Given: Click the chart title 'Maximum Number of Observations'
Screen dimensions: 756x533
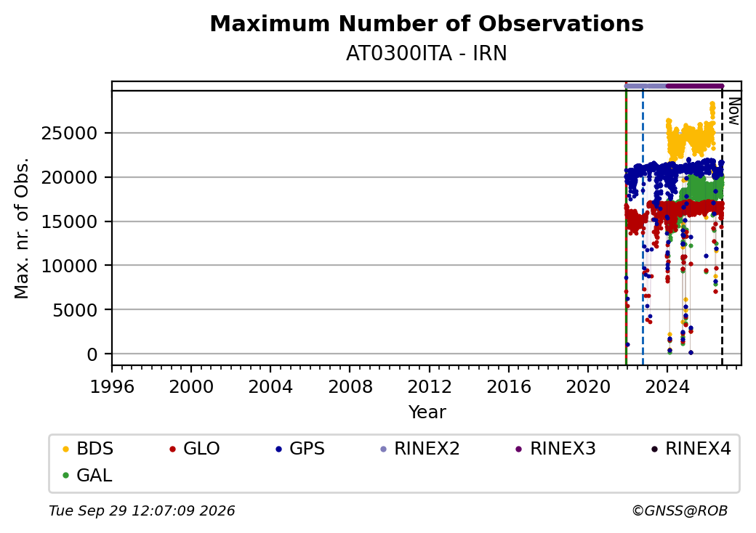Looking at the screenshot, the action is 427,23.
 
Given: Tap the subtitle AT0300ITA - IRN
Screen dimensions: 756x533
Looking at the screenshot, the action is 426,54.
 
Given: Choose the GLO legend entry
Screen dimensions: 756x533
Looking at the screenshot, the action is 195,449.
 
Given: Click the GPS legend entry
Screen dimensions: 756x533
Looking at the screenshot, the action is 300,449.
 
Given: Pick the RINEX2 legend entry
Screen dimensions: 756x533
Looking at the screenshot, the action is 420,449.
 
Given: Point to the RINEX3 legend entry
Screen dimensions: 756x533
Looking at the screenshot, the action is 556,449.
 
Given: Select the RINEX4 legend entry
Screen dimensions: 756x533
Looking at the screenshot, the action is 691,449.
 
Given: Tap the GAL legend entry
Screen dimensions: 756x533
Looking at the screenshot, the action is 88,475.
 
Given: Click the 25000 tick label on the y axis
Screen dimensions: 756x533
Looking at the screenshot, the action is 70,134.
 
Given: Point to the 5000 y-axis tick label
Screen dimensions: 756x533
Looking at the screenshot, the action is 75,310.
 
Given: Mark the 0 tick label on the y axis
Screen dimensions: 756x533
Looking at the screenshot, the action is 92,355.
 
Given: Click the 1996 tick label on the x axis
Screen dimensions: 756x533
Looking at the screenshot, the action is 113,386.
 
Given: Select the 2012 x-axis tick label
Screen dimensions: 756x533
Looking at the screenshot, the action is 430,386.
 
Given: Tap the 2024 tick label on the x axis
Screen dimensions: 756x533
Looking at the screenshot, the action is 667,386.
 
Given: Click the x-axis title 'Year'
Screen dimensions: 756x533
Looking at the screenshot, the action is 427,412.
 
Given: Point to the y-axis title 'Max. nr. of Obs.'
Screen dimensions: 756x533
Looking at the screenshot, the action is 22,228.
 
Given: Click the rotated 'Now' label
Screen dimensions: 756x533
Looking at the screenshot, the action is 733,111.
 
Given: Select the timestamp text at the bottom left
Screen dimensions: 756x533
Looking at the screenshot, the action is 142,510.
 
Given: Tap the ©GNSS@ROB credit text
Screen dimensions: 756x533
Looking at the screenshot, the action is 680,510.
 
